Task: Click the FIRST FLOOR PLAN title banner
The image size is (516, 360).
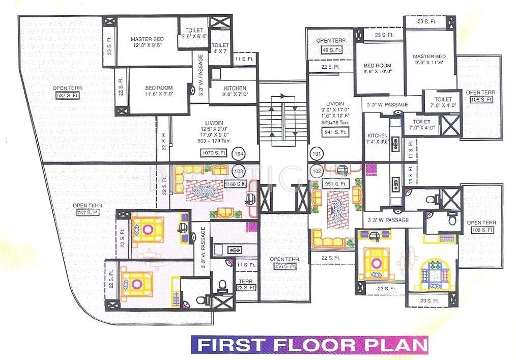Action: point(309,344)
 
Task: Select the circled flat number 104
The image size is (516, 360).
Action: point(238,153)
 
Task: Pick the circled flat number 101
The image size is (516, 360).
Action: point(317,153)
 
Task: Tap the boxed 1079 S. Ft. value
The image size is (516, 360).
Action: point(214,153)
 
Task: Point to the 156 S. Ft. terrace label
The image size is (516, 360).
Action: point(284,266)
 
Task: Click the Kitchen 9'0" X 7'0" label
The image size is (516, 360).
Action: point(235,91)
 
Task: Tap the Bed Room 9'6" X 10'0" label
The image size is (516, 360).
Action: point(377,69)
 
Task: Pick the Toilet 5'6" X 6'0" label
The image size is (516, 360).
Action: point(194,34)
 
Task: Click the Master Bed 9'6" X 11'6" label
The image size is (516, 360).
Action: point(429,59)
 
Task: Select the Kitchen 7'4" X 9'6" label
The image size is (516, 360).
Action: point(378,139)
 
